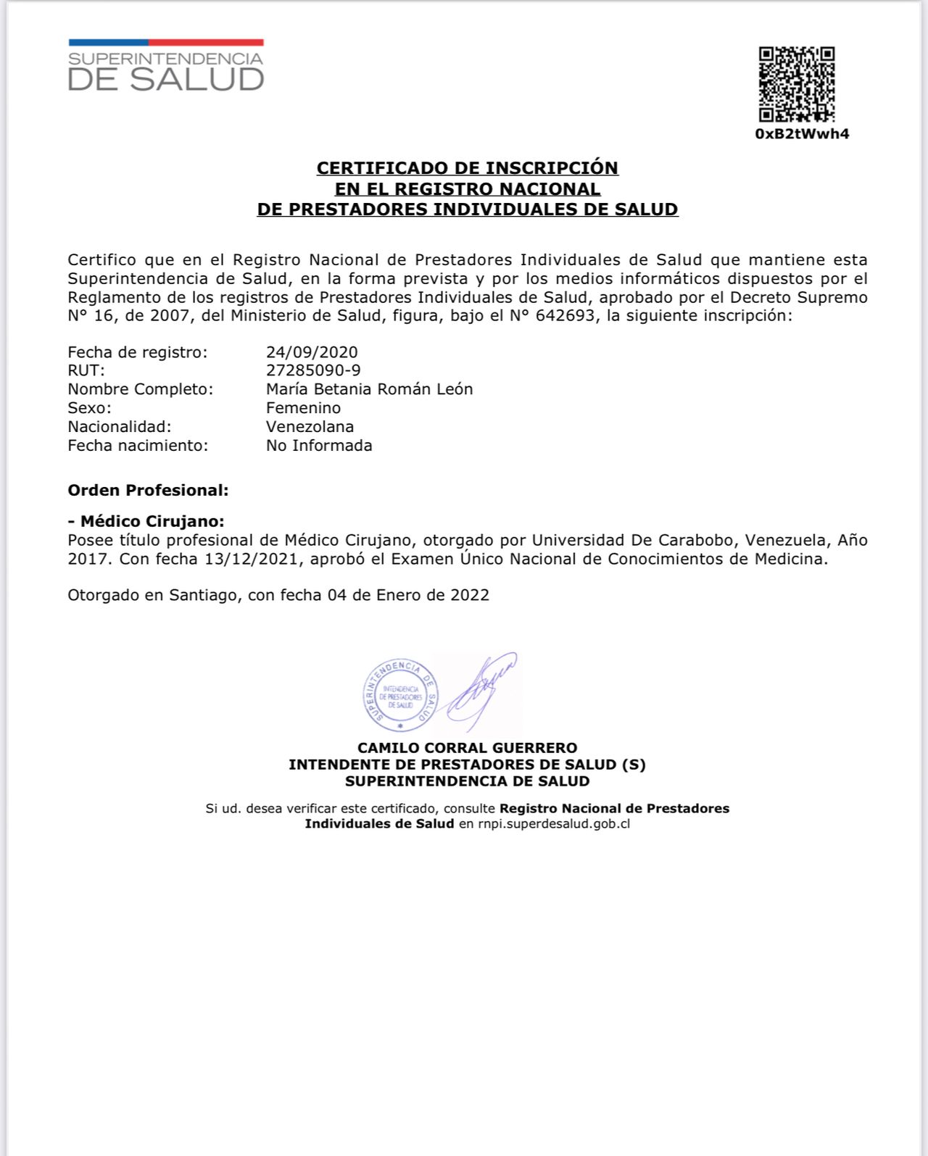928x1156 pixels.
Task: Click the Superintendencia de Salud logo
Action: coord(166,66)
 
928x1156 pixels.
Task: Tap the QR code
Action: coord(796,84)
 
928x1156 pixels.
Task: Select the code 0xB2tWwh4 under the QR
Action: coord(802,134)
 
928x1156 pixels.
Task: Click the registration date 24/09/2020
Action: coord(312,352)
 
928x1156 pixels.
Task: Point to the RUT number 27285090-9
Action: coord(313,370)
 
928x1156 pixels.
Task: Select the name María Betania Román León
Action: coord(369,389)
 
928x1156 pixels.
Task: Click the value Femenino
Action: coord(303,408)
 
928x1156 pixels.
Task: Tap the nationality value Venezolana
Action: coord(310,427)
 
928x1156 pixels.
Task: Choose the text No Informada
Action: coord(319,446)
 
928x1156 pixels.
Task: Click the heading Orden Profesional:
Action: coord(148,491)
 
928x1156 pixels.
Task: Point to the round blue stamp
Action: coord(400,694)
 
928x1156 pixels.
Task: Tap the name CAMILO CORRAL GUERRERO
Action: coord(467,748)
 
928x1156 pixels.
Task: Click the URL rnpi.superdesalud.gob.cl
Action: coord(554,824)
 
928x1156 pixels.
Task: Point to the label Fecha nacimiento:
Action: coord(138,446)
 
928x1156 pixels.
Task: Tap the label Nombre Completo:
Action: coord(141,389)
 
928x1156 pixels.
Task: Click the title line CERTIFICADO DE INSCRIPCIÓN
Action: coord(467,168)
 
